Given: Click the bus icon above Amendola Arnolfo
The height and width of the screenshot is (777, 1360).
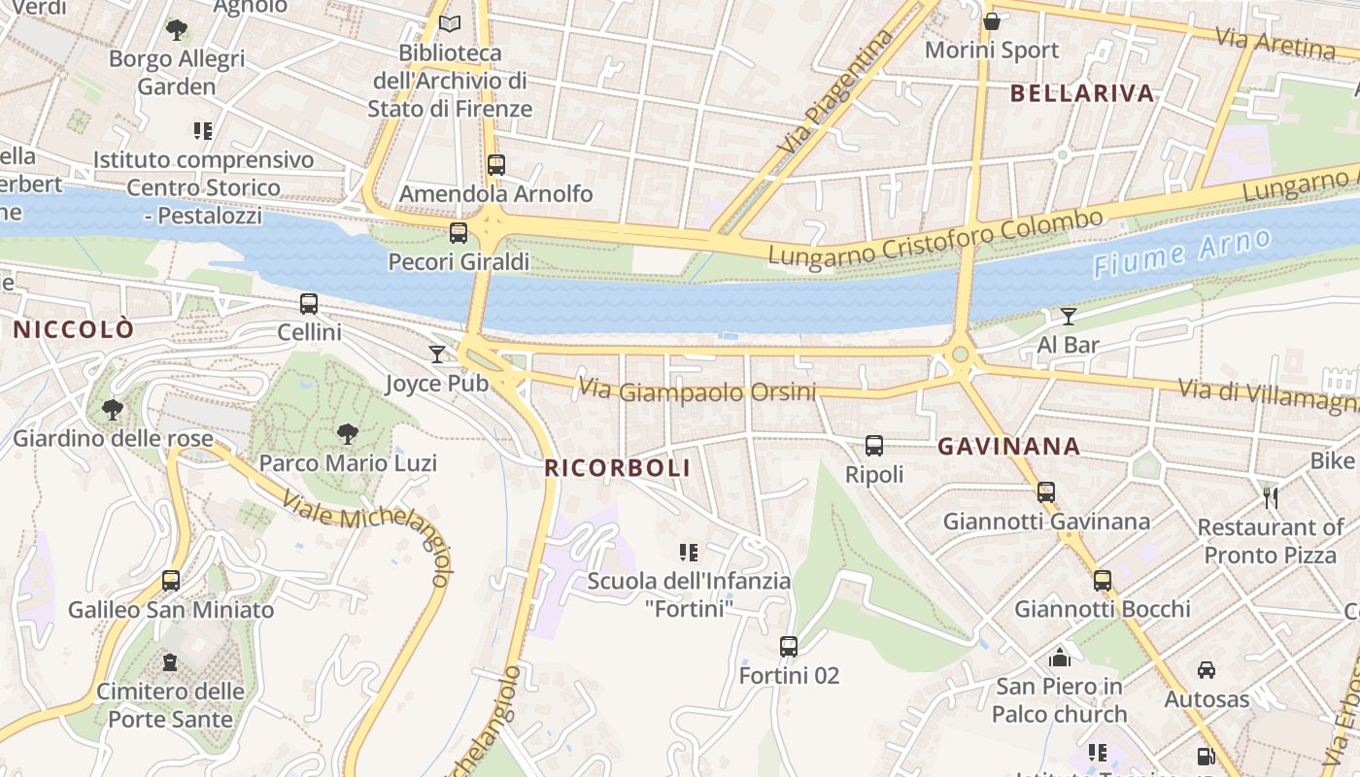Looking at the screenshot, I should [496, 165].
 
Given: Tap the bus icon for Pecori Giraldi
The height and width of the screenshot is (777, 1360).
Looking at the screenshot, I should [459, 233].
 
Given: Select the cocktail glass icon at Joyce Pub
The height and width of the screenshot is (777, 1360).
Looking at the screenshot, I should [437, 355].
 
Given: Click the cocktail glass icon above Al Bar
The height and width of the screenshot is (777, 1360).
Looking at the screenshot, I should [1069, 316].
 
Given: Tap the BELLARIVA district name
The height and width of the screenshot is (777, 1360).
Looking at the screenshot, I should [1082, 93].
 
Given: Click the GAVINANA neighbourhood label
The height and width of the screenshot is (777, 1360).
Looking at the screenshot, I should [1008, 447].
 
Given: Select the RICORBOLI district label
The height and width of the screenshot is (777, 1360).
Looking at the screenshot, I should [618, 468].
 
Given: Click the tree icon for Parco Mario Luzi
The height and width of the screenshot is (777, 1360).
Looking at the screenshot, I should [347, 434].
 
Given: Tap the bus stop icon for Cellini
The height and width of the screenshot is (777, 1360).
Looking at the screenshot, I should [309, 304].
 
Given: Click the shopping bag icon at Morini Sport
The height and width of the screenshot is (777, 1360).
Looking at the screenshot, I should [992, 21].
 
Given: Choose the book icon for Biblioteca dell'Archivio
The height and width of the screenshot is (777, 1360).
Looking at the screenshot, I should [450, 24].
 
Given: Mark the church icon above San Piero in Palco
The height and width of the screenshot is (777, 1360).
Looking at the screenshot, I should [1060, 658].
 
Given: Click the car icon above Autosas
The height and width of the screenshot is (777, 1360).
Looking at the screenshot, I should [1207, 670].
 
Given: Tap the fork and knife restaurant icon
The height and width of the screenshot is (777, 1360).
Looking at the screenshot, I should [1271, 498].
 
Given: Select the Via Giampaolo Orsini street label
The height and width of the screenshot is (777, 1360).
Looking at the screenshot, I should [697, 391].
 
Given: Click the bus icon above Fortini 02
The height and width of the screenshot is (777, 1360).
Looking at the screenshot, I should [789, 647].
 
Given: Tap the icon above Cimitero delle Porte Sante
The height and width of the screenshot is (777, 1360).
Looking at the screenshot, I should [171, 662].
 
